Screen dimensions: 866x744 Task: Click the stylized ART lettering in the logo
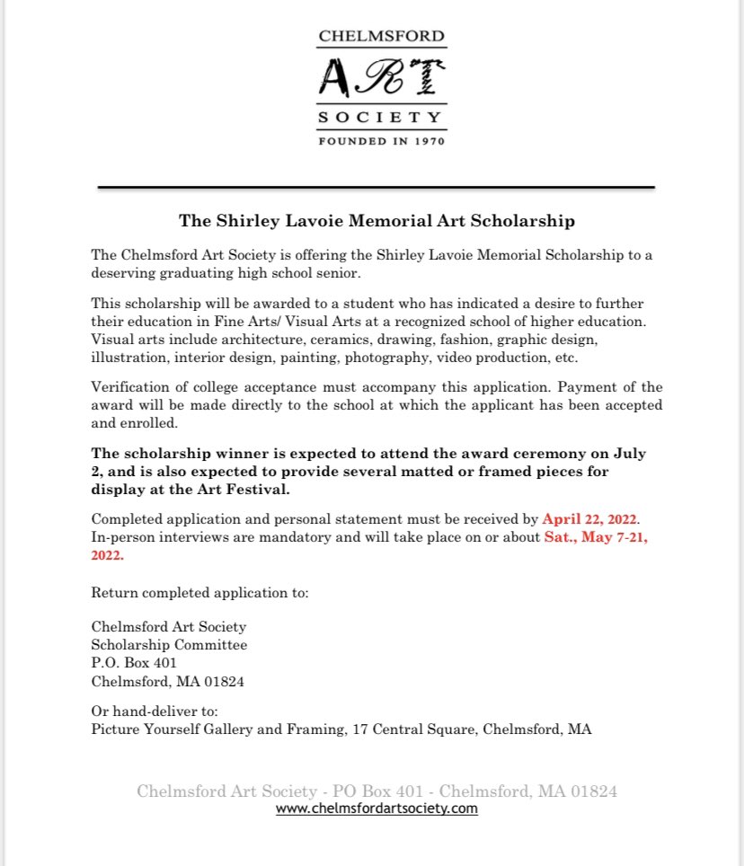pos(381,75)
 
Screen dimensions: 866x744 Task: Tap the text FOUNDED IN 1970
pos(382,140)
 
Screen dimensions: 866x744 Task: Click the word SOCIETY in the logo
pos(382,117)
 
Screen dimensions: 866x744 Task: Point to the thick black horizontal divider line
pos(376,187)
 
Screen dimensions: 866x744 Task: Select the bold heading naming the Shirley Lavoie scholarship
pos(376,220)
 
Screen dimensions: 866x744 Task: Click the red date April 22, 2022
pos(589,519)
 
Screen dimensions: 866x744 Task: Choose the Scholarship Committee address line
pos(169,645)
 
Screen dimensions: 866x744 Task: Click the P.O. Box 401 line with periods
pos(128,663)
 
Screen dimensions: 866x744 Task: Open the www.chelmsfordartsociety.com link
pos(376,809)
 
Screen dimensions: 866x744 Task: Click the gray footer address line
pos(376,791)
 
